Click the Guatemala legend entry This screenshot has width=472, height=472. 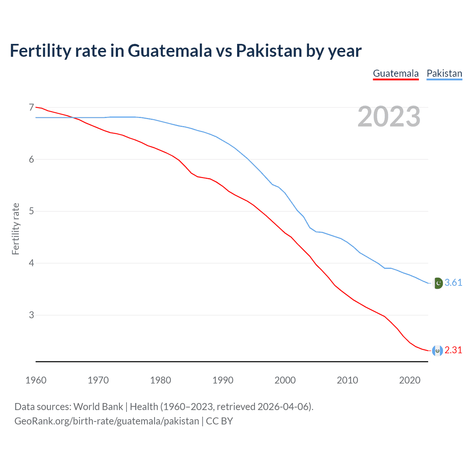(396, 73)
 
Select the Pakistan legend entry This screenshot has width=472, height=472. (444, 73)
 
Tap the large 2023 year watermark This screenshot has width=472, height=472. (389, 117)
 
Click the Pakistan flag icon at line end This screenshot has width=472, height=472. (437, 283)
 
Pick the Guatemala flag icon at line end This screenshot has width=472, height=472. (437, 350)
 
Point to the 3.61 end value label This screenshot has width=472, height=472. (453, 283)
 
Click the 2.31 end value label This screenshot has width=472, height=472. (453, 350)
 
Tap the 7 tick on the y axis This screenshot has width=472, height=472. (31, 107)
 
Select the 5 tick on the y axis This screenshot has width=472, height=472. (31, 211)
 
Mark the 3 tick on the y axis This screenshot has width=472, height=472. (31, 315)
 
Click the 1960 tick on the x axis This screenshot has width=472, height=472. (36, 380)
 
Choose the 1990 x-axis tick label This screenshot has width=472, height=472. (223, 380)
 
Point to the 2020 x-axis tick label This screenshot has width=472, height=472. (410, 380)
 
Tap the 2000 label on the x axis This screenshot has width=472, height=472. (285, 380)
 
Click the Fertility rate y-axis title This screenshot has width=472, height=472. (15, 229)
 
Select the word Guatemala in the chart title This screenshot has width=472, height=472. (170, 51)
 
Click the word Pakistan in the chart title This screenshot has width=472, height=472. (269, 51)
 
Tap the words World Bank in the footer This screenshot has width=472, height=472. (98, 407)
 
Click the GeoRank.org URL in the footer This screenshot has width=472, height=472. (107, 421)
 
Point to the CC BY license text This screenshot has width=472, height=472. (219, 421)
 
